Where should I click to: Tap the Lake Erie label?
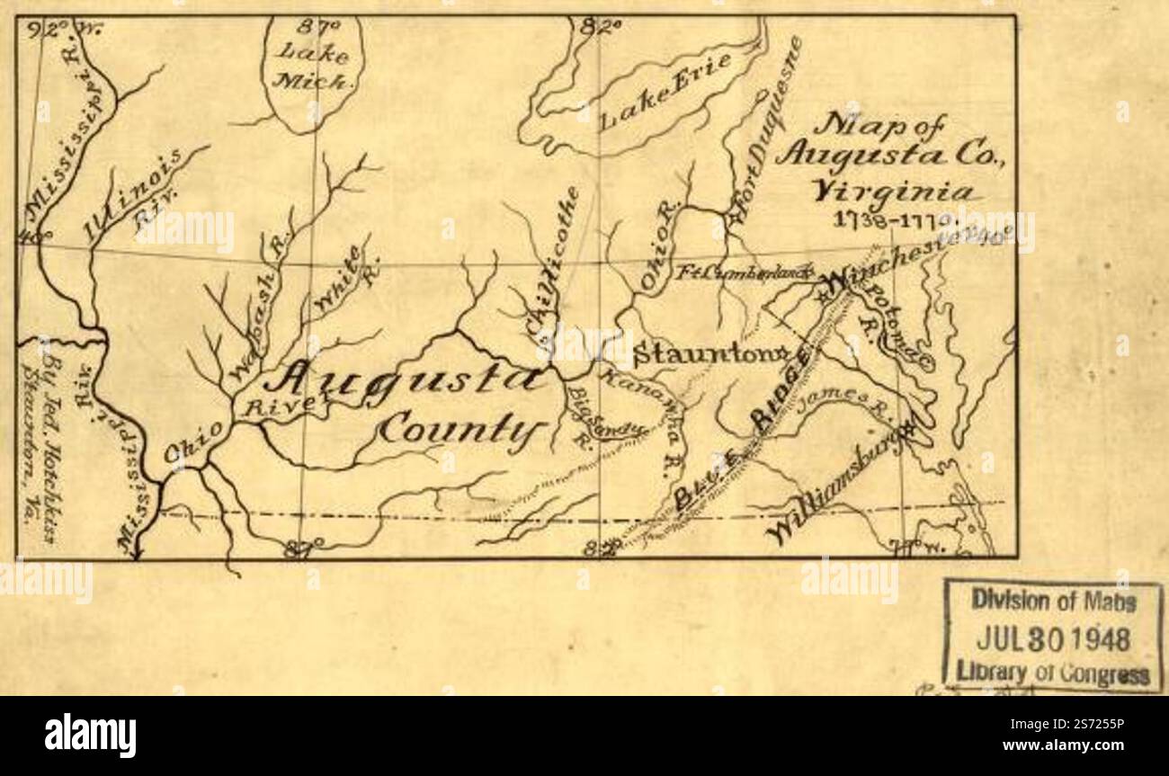[x=665, y=92]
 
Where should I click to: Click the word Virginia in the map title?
[x=891, y=192]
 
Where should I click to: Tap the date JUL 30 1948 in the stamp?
[x=1052, y=639]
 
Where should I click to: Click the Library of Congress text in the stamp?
[x=1052, y=674]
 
